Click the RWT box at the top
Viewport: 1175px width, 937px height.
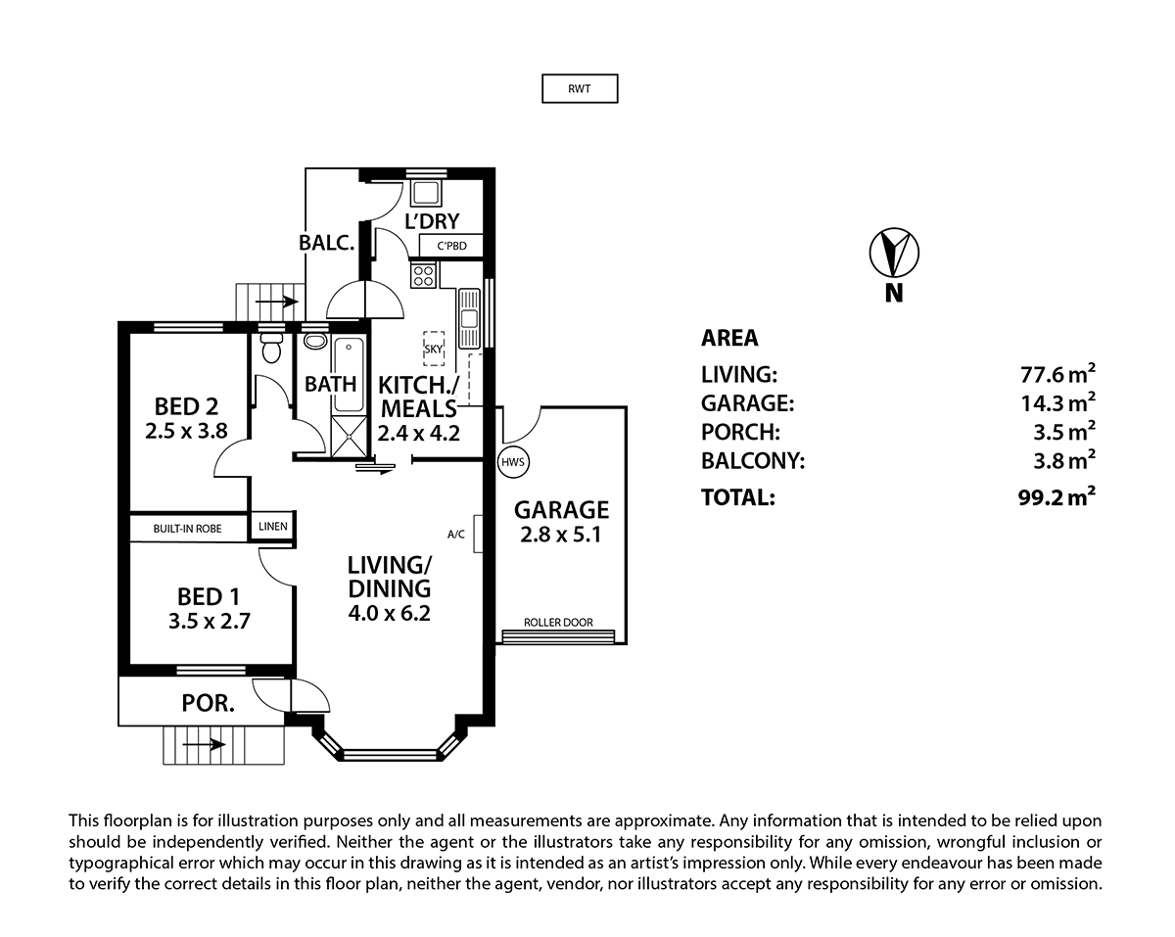580,89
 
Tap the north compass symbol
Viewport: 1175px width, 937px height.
893,254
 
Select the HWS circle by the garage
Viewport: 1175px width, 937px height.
512,461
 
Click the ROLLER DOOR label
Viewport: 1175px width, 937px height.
558,623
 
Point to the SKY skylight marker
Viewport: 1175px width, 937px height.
432,349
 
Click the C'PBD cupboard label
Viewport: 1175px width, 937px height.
451,246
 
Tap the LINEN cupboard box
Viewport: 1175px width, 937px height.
272,527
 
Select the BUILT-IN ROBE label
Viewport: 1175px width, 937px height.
187,529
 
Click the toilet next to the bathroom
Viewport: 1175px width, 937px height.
272,349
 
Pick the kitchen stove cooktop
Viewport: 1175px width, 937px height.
424,276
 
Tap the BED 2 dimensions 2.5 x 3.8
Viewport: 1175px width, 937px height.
186,429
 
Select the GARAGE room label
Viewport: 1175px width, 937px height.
562,509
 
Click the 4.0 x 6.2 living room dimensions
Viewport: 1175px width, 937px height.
389,614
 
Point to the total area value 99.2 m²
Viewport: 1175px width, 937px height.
1056,497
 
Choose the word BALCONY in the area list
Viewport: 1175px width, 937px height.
752,460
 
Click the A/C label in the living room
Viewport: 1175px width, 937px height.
455,535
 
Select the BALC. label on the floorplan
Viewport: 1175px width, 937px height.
326,243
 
